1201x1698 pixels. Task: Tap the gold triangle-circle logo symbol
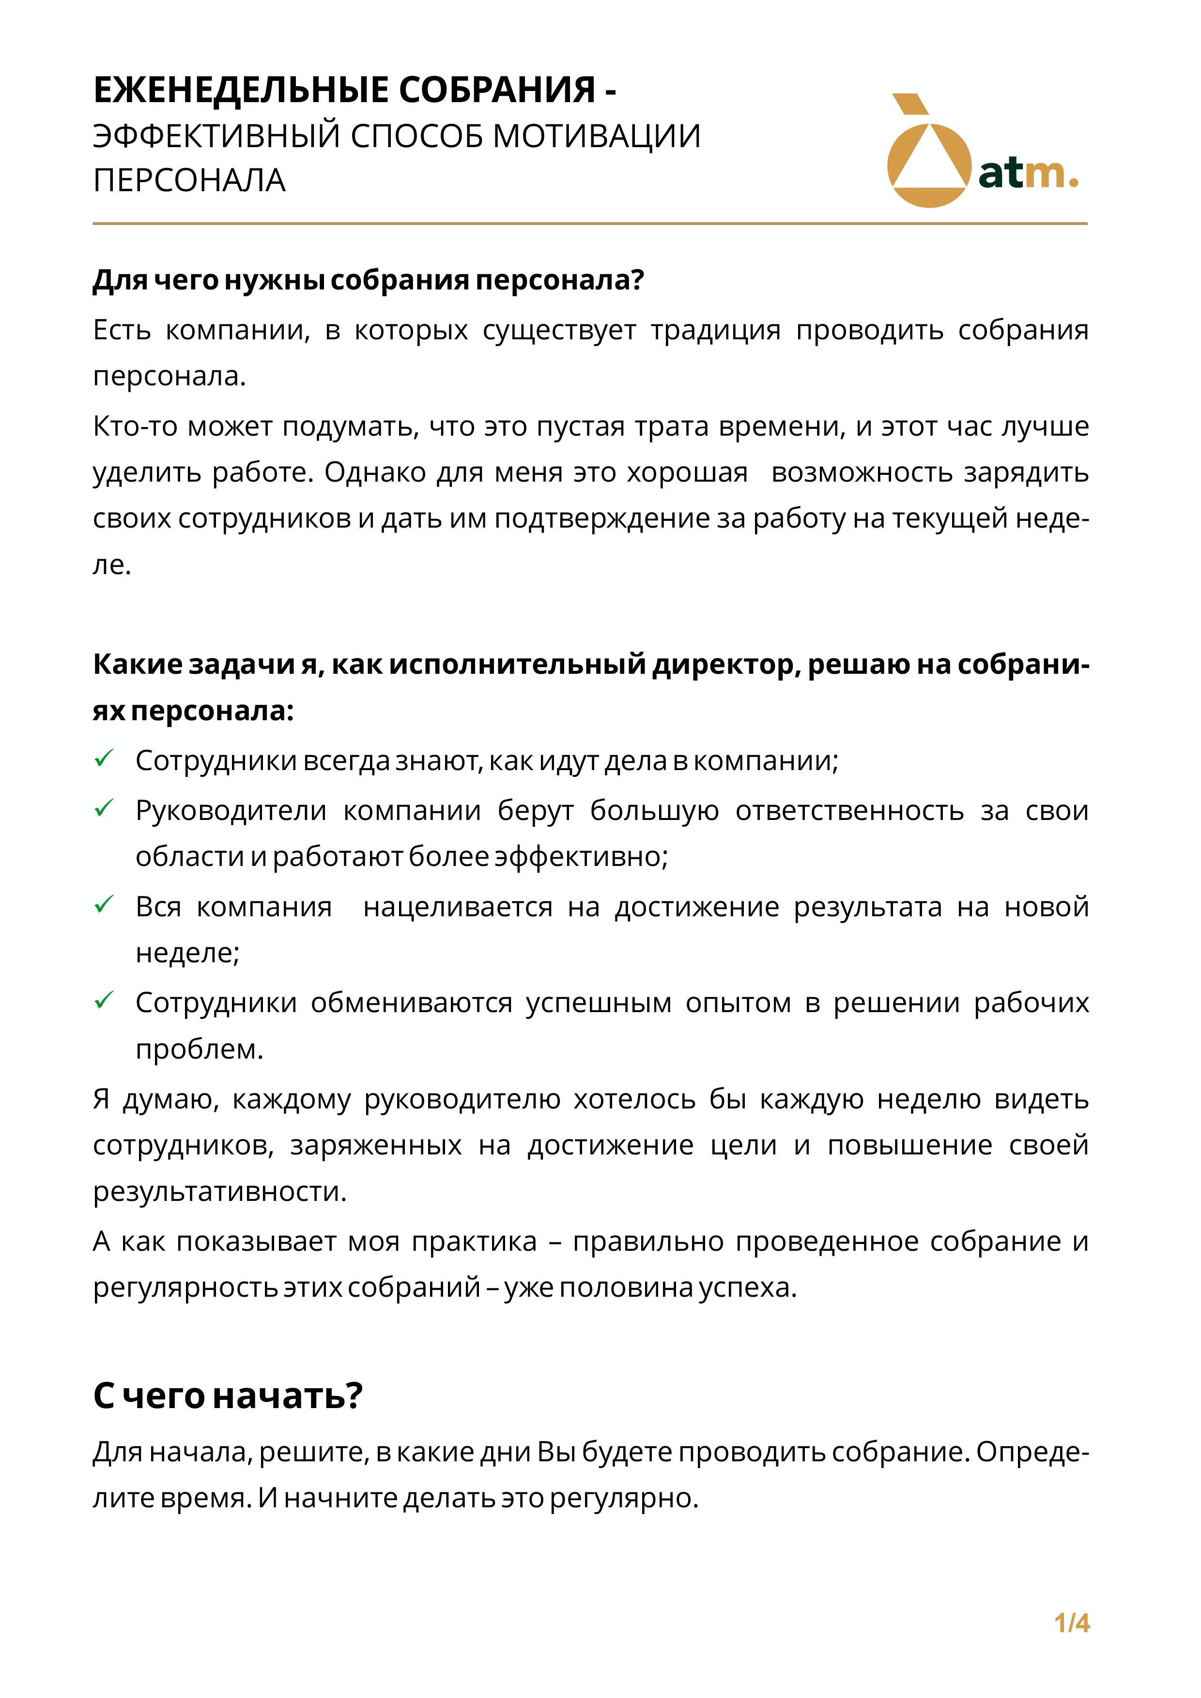click(928, 155)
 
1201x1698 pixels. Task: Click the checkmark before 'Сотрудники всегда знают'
click(104, 758)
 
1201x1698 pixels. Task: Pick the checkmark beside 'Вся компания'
click(104, 904)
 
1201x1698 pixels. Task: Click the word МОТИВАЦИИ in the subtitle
click(597, 136)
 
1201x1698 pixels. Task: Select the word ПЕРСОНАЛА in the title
click(189, 181)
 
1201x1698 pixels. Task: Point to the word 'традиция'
click(716, 330)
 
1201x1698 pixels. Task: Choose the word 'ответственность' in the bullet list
click(849, 811)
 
